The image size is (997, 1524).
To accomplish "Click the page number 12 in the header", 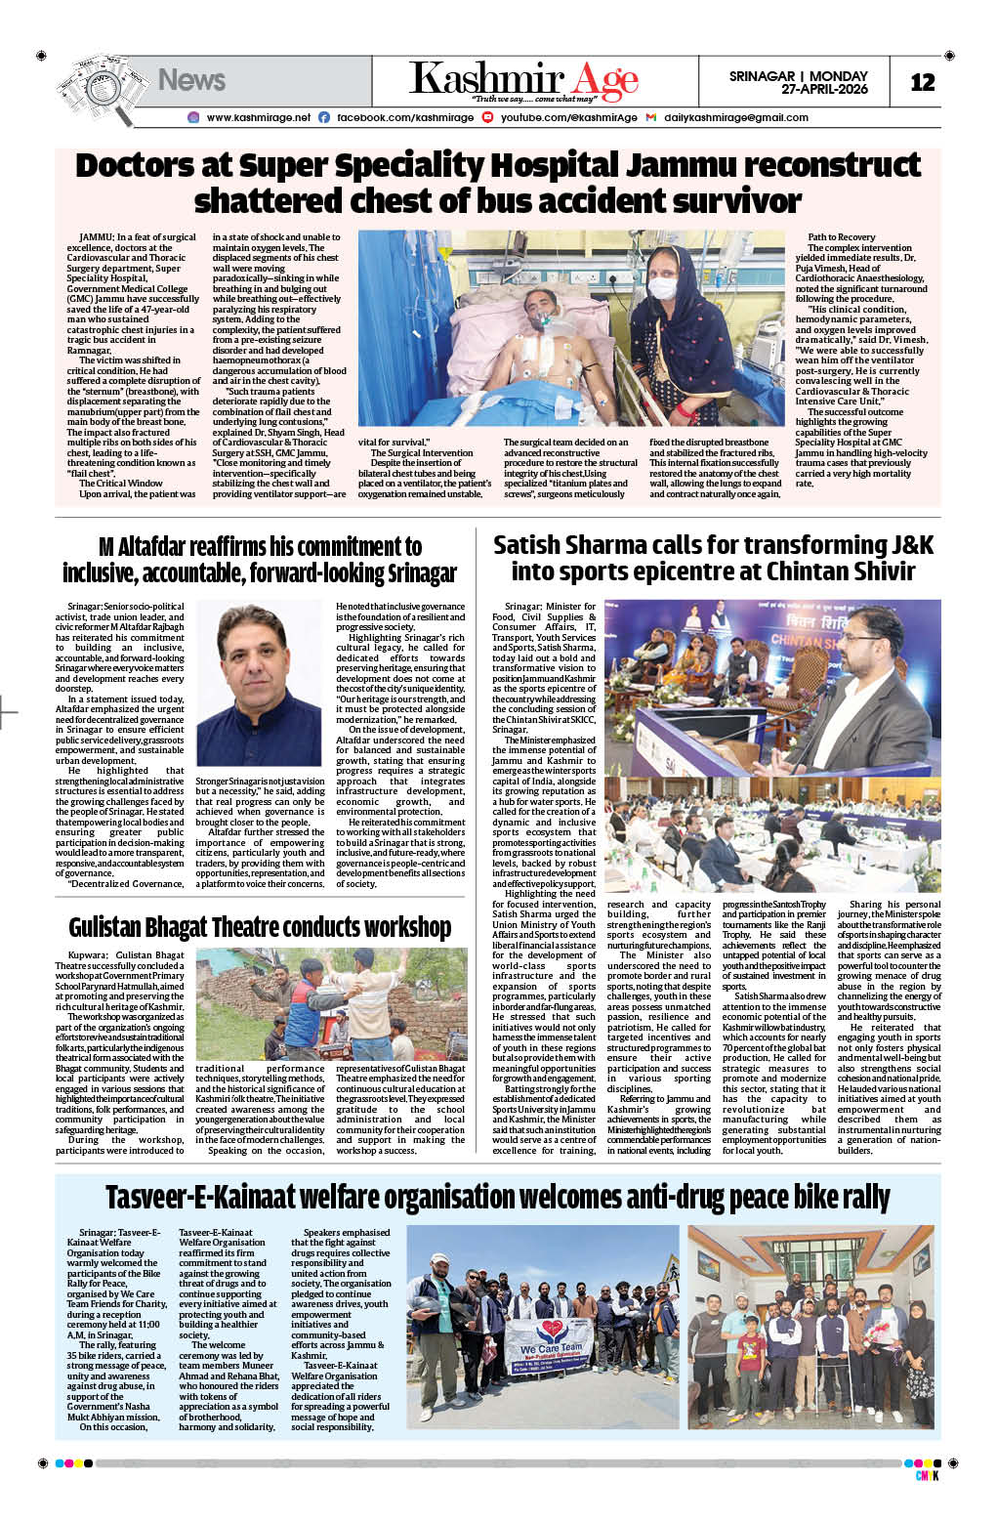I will pos(922,82).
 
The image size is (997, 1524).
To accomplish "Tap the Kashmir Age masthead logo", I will pos(523,80).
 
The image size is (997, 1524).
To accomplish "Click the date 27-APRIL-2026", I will pos(824,90).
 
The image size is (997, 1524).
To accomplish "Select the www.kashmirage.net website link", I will pos(258,117).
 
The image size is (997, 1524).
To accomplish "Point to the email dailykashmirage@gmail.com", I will pos(735,117).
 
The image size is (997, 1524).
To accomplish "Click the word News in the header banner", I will pos(191,80).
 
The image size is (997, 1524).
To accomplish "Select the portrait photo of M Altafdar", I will pos(258,684).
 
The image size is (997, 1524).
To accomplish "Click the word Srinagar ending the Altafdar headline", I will pos(406,572).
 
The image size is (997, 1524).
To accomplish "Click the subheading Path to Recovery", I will pos(841,237).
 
